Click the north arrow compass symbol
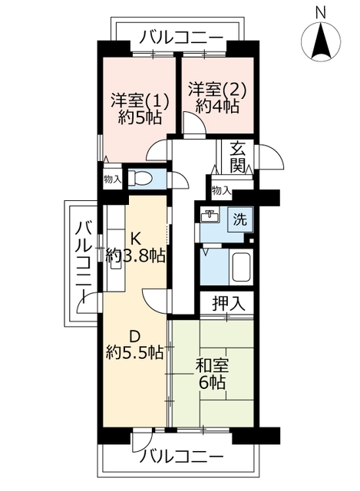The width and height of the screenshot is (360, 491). (321, 41)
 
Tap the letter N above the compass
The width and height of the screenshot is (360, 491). (320, 13)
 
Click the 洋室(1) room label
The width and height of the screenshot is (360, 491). (140, 101)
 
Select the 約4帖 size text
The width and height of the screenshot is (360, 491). (217, 107)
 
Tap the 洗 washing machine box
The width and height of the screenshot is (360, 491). (240, 219)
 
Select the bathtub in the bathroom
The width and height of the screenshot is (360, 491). (240, 267)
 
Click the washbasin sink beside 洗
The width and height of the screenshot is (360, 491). (210, 216)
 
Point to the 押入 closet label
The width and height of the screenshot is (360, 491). (229, 303)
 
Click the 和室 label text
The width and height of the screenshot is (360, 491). (212, 366)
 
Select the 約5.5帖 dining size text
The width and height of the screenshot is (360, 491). (134, 352)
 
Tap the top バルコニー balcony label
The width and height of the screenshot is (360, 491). (181, 38)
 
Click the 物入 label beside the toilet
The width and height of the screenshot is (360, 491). (113, 180)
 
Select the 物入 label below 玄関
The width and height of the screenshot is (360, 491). (221, 190)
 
